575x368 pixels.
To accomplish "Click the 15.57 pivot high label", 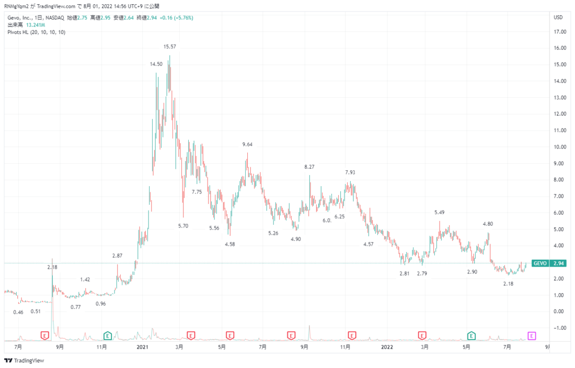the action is (x=169, y=47).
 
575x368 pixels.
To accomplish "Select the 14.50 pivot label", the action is (x=156, y=64).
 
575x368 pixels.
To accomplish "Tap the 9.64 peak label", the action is (x=247, y=144).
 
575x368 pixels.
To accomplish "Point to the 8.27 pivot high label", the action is (x=309, y=167).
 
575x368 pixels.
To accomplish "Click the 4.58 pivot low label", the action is (x=230, y=244).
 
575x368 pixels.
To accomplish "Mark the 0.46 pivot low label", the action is (x=18, y=312).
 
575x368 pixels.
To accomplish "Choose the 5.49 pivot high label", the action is (x=439, y=212).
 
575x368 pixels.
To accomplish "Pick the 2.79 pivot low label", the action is (x=422, y=273).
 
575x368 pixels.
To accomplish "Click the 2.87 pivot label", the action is (x=117, y=256).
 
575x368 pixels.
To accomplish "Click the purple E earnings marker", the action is (x=532, y=336).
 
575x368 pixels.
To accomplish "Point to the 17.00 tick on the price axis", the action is (x=560, y=32).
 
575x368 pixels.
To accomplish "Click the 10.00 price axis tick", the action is (x=560, y=147).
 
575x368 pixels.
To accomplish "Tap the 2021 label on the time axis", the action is (x=142, y=347).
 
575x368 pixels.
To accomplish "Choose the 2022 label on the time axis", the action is (x=387, y=347).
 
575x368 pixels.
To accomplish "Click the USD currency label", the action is (x=558, y=17).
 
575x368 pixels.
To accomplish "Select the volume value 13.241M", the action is (x=36, y=25).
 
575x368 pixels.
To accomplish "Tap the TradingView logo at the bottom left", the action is (x=24, y=361).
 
